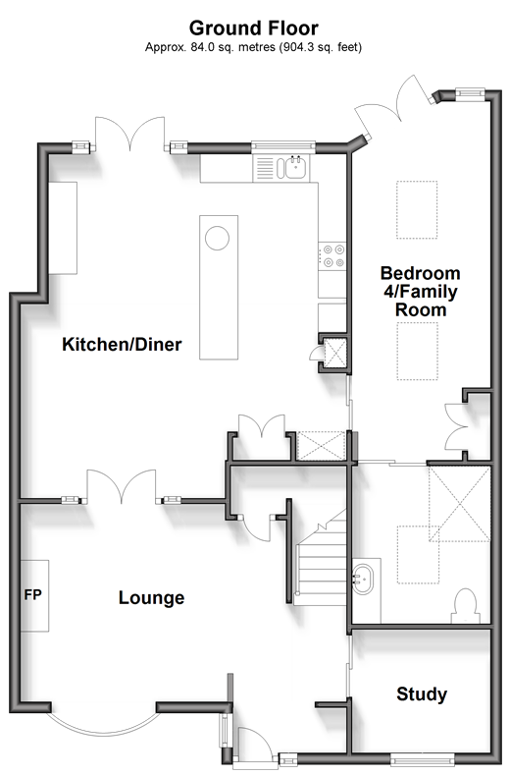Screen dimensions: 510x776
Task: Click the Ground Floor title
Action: coord(253,28)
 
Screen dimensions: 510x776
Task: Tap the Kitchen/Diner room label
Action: coord(122,344)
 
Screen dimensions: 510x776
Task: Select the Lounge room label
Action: coord(151,598)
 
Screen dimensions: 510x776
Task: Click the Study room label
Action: coord(422,694)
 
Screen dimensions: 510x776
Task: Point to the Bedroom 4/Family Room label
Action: coord(421,292)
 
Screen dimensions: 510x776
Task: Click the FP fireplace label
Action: coord(33,594)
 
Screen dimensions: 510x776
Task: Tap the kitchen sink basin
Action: coord(295,167)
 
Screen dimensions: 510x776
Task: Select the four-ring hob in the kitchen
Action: coord(332,255)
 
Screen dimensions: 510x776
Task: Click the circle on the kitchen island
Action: coord(217,238)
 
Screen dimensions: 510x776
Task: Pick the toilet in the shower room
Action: coord(465,606)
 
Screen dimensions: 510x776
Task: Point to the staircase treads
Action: coord(322,564)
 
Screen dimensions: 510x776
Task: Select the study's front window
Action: coord(422,757)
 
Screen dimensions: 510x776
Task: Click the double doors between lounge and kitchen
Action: coord(122,487)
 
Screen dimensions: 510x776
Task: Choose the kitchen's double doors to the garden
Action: coord(129,134)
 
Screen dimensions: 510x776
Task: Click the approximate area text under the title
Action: coord(253,47)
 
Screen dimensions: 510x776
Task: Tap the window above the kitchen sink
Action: coord(283,145)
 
